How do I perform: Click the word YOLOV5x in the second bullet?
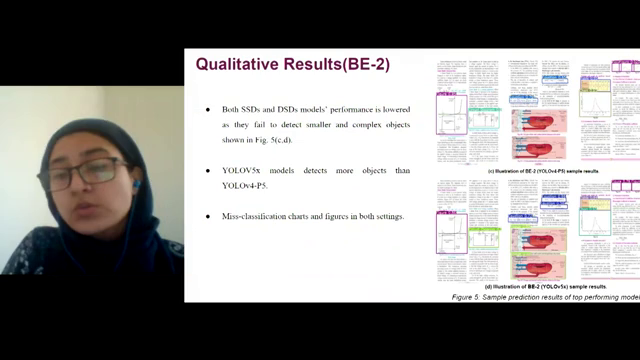click(x=244, y=171)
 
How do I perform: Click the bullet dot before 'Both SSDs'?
click(x=208, y=109)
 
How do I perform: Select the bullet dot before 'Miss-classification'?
click(x=208, y=217)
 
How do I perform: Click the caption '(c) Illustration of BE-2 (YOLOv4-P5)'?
click(x=546, y=171)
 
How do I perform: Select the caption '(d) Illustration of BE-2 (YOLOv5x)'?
click(x=546, y=286)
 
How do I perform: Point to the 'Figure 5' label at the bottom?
click(x=467, y=298)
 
